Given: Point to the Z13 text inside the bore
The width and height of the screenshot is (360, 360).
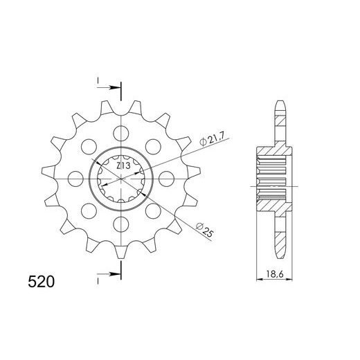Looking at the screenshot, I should (124, 166).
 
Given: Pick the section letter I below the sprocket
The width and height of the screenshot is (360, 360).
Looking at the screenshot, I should (99, 282).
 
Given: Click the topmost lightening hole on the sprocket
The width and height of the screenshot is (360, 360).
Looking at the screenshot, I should (122, 132).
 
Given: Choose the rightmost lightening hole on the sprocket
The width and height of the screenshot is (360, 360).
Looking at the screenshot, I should (167, 177).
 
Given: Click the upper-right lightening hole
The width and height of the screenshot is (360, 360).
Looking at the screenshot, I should (154, 145).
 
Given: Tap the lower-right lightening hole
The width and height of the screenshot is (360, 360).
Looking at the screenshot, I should (154, 209).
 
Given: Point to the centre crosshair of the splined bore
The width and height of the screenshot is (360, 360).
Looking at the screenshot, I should (122, 177).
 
